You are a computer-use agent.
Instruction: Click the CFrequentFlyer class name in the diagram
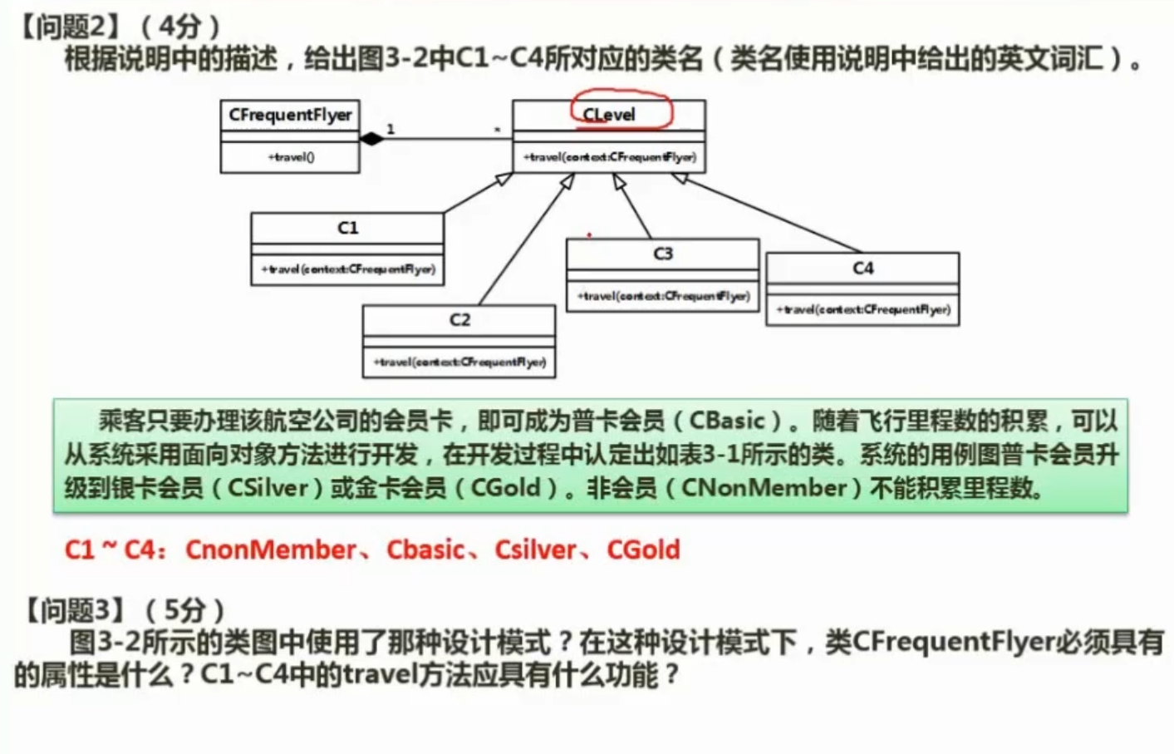pyautogui.click(x=290, y=115)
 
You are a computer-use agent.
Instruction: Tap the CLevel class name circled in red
pyautogui.click(x=609, y=115)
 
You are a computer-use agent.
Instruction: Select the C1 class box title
pyautogui.click(x=347, y=228)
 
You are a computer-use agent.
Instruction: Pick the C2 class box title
pyautogui.click(x=459, y=320)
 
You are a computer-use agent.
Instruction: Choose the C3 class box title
pyautogui.click(x=662, y=254)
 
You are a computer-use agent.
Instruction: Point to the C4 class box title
pyautogui.click(x=862, y=268)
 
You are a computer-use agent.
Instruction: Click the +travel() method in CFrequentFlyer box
pyautogui.click(x=291, y=156)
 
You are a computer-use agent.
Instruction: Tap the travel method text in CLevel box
pyautogui.click(x=609, y=156)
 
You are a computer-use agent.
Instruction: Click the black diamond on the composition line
pyautogui.click(x=371, y=139)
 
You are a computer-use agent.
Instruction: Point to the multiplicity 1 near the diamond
pyautogui.click(x=391, y=129)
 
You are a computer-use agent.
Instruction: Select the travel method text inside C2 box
pyautogui.click(x=459, y=362)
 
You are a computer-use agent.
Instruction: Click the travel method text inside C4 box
pyautogui.click(x=862, y=309)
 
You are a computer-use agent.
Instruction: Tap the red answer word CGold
pyautogui.click(x=643, y=549)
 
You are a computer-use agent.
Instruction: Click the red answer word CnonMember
pyautogui.click(x=271, y=549)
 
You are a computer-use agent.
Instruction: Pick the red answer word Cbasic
pyautogui.click(x=425, y=549)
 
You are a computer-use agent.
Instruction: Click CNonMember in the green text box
pyautogui.click(x=764, y=488)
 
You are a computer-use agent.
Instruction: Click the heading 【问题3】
pyautogui.click(x=66, y=610)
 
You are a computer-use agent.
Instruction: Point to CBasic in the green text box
pyautogui.click(x=726, y=421)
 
